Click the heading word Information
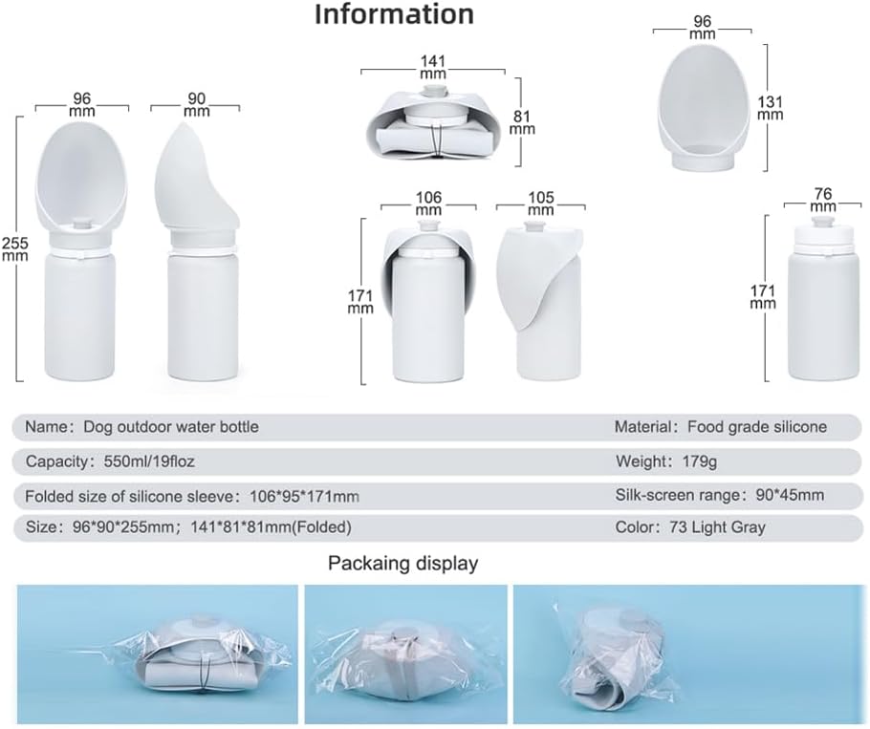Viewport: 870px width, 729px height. tap(393, 14)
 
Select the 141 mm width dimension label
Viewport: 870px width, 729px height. tap(432, 65)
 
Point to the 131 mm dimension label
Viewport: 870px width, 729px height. tap(770, 108)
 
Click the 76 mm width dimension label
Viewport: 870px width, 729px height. tap(822, 200)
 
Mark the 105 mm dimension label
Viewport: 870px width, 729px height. tap(540, 203)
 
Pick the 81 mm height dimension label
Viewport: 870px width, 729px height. tap(522, 122)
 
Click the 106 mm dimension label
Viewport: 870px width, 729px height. tap(428, 203)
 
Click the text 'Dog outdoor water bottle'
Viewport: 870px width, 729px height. tap(171, 427)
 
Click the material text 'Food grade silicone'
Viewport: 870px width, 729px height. tap(758, 427)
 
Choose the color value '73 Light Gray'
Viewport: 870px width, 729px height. tap(726, 526)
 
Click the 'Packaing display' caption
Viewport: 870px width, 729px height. tap(402, 564)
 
